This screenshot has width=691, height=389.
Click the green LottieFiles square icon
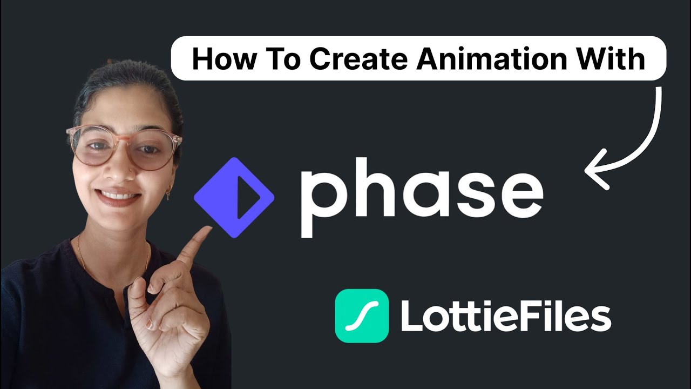[362, 316]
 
